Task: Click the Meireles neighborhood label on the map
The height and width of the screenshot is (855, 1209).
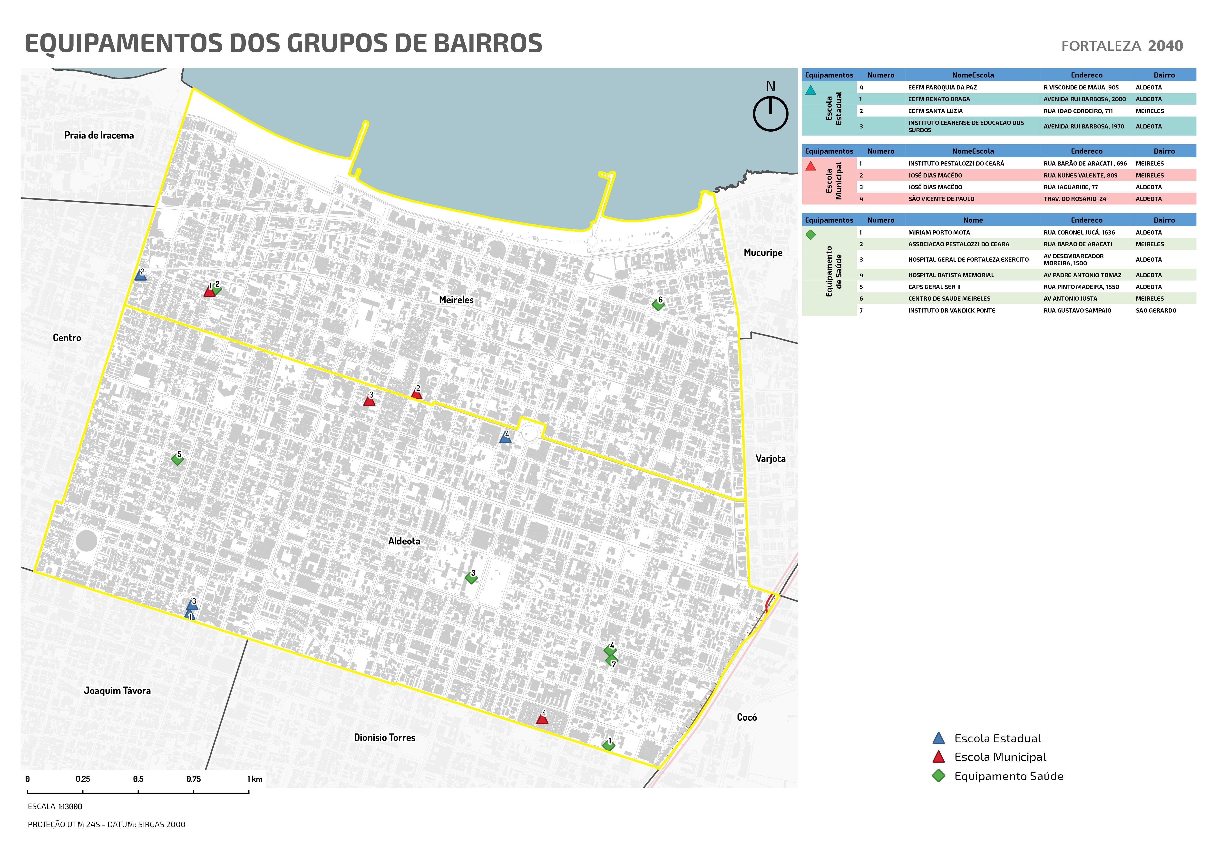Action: pos(456,300)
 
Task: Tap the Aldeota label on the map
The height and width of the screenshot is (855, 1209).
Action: pos(404,541)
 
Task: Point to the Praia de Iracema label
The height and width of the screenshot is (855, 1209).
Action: pos(99,135)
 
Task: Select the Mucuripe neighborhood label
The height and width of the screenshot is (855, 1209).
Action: pos(762,253)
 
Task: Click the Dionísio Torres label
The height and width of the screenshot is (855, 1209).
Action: pos(384,737)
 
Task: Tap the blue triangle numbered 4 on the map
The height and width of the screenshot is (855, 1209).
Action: pos(505,438)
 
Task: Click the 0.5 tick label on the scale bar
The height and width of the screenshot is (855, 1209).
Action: pos(138,779)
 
